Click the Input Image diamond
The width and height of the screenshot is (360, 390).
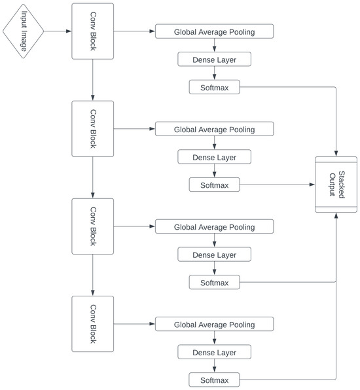(24, 31)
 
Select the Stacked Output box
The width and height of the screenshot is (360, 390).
(336, 185)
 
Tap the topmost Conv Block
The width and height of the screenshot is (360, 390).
(92, 31)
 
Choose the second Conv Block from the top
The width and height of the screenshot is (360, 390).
(92, 129)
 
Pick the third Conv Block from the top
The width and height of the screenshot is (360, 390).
(92, 226)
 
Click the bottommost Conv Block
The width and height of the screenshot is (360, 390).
(92, 324)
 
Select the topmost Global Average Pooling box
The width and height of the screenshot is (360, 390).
(214, 31)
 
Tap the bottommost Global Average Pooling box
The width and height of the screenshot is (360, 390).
(214, 325)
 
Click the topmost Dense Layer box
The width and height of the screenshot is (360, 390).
(214, 60)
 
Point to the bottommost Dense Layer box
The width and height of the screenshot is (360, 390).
(214, 353)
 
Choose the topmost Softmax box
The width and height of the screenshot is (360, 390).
(214, 87)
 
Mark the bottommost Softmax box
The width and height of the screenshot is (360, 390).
(214, 380)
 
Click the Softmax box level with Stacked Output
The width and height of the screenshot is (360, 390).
(214, 185)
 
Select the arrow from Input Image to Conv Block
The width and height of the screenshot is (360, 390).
(58, 31)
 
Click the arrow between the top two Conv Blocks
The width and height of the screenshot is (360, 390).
(92, 80)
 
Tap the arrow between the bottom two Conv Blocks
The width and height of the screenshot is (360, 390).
(92, 275)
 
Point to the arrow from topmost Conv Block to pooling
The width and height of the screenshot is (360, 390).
(134, 31)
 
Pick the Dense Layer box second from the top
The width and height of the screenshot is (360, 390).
(214, 157)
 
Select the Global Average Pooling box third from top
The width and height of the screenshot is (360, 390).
(214, 226)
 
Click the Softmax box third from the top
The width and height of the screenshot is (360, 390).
(214, 283)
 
